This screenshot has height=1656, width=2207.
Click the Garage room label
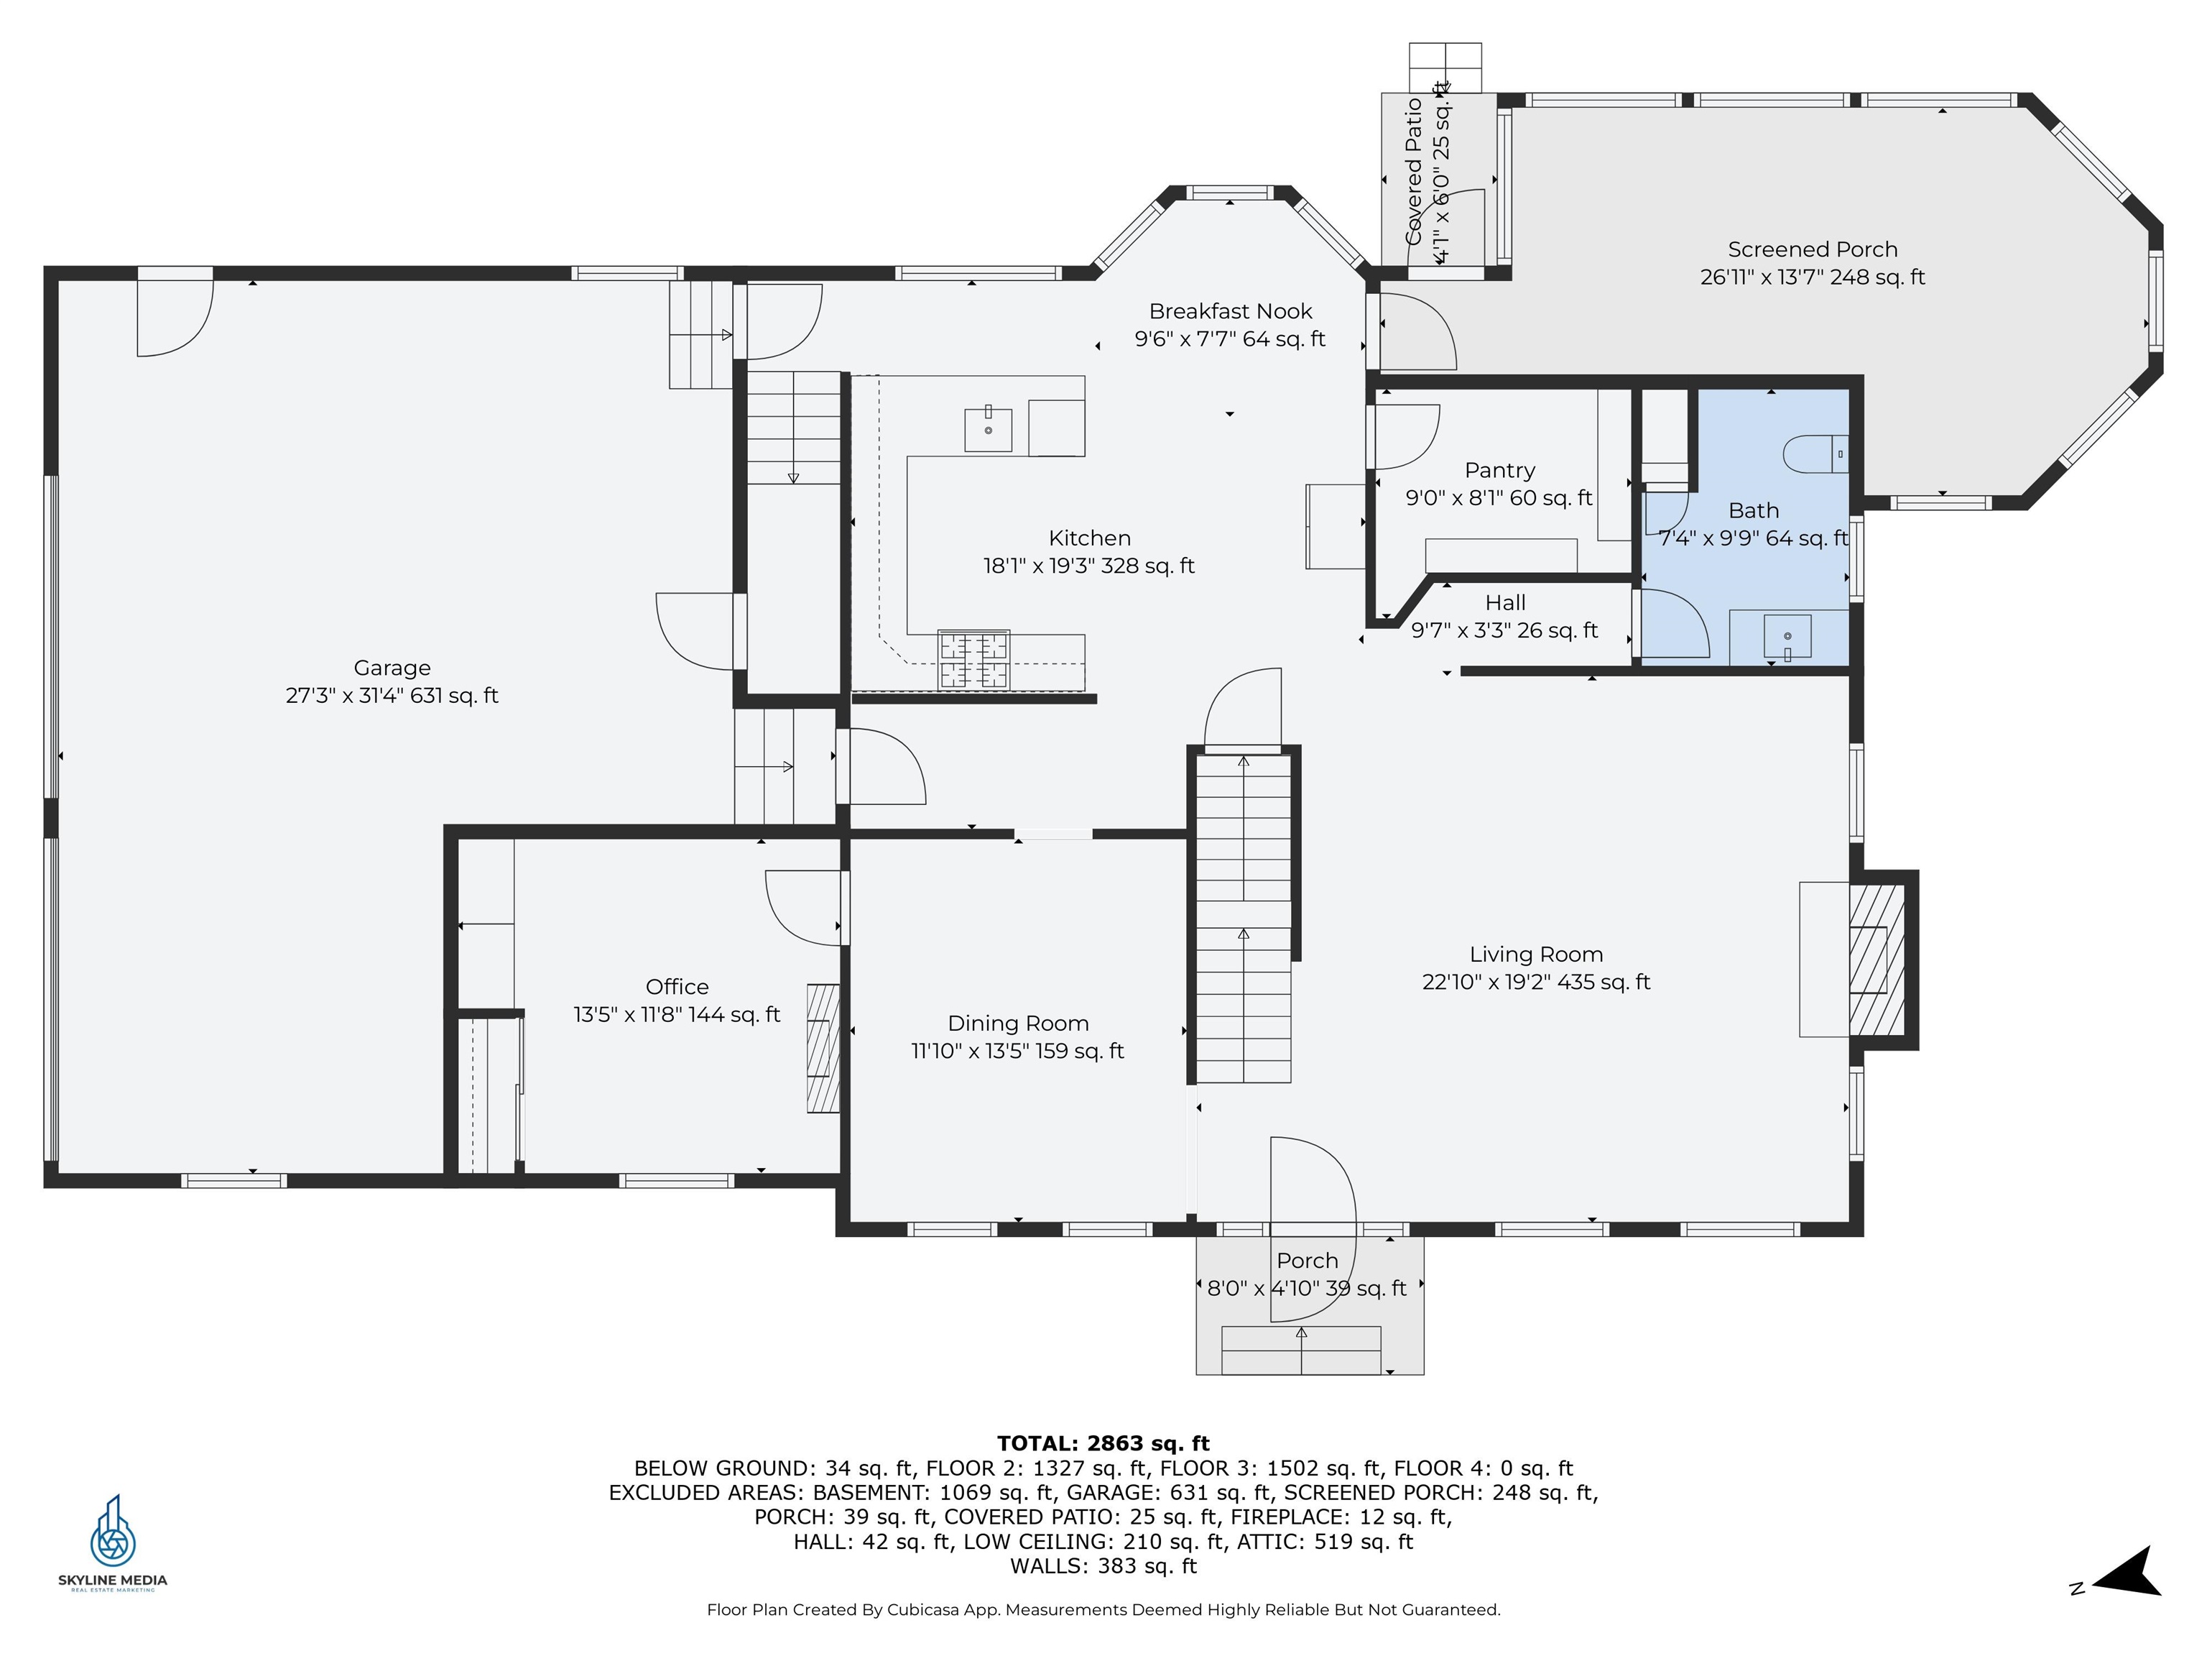point(392,668)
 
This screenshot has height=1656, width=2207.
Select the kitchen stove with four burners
point(973,659)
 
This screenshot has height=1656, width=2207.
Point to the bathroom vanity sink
point(1787,637)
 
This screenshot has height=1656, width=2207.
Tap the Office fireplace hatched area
point(823,1048)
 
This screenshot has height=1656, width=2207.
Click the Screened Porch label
point(1813,249)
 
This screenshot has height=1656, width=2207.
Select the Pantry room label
point(1499,470)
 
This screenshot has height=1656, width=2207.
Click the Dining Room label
point(1018,1023)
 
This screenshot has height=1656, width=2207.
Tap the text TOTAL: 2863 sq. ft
point(1103,1443)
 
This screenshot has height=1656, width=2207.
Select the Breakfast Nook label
point(1230,311)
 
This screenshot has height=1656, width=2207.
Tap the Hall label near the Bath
point(1504,603)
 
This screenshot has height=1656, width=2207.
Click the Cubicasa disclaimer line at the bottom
point(1103,1609)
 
